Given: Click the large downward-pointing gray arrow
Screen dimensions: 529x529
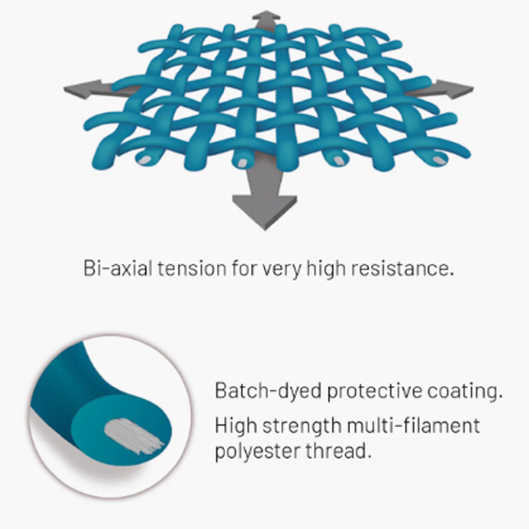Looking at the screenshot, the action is (264, 202).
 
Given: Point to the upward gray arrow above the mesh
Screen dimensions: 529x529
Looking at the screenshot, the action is (264, 20).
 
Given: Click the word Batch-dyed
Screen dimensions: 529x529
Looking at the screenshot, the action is (268, 391).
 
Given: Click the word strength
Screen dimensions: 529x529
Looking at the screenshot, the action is (304, 426).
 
